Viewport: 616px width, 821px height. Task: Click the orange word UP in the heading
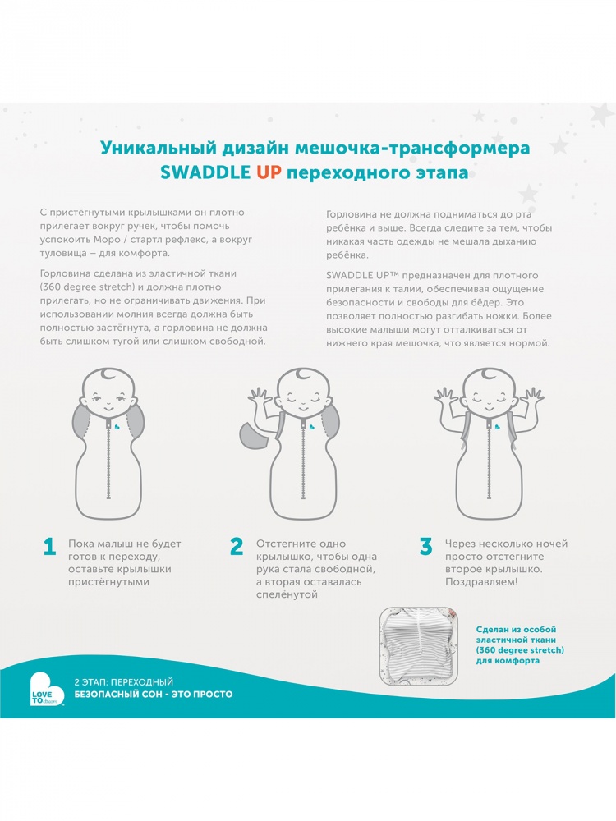click(269, 172)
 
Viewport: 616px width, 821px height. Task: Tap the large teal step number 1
click(50, 547)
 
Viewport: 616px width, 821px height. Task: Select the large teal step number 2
click(237, 547)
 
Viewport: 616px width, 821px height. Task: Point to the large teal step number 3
click(425, 547)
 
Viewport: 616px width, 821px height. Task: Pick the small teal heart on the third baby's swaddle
click(495, 425)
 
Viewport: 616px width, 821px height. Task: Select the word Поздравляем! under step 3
click(481, 582)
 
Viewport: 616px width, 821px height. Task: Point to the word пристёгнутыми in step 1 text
click(109, 582)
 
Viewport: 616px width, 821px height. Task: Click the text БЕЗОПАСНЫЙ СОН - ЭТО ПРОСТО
click(154, 695)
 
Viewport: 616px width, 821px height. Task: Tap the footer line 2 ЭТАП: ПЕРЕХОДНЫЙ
click(124, 681)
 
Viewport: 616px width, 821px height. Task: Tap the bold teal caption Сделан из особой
click(516, 630)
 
